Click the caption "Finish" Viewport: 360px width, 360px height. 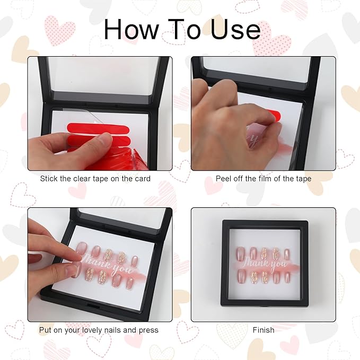pyautogui.click(x=264, y=330)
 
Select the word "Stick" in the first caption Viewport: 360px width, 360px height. pyautogui.click(x=49, y=179)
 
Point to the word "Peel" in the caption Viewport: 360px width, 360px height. pyautogui.click(x=224, y=179)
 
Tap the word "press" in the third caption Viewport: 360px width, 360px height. pyautogui.click(x=148, y=330)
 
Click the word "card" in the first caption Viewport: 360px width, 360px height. pyautogui.click(x=142, y=179)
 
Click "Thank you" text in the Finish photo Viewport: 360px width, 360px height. pyautogui.click(x=263, y=263)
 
